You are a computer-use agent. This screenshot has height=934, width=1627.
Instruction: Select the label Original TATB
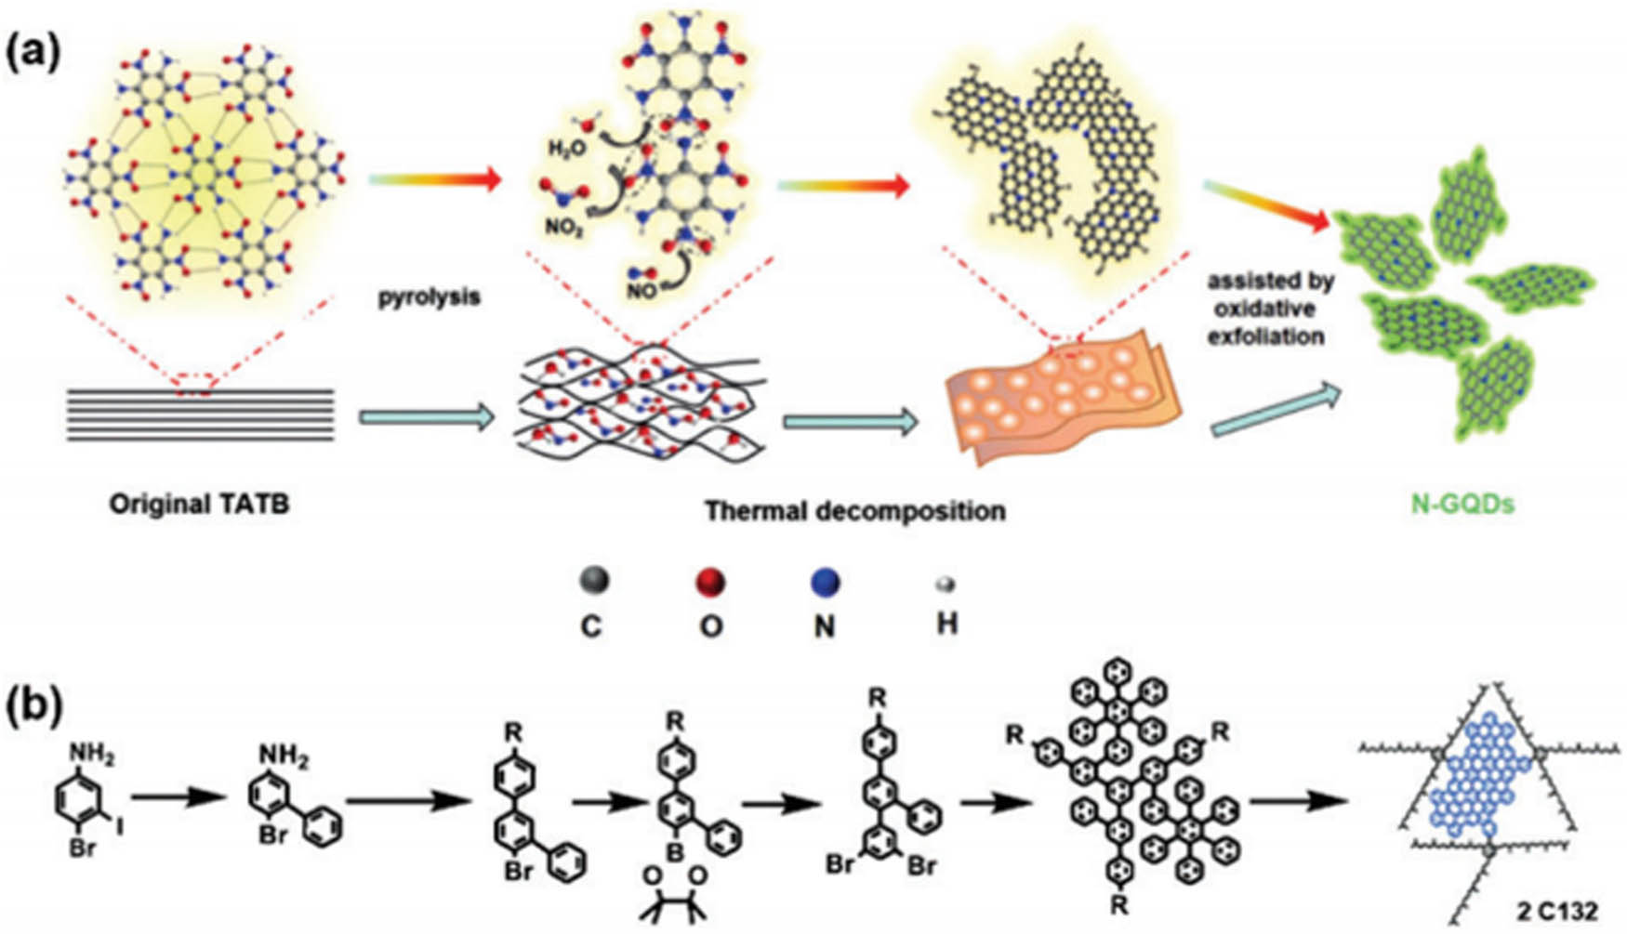[199, 505]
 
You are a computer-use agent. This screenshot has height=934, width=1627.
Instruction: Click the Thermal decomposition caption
[854, 510]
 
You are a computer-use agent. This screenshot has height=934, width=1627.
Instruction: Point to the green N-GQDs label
[1462, 505]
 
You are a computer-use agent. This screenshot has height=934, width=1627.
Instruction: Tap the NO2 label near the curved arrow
[564, 226]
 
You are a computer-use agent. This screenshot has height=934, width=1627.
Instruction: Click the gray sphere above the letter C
[593, 581]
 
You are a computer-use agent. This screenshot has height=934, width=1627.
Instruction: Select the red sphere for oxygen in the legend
[710, 583]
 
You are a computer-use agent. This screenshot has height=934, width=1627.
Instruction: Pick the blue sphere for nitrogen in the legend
[825, 583]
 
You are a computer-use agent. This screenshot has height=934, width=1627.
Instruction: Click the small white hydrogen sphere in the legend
[946, 585]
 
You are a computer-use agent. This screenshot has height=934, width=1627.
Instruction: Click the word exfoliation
[1265, 336]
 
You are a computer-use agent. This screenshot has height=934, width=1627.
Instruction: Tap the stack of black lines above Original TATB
[200, 414]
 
